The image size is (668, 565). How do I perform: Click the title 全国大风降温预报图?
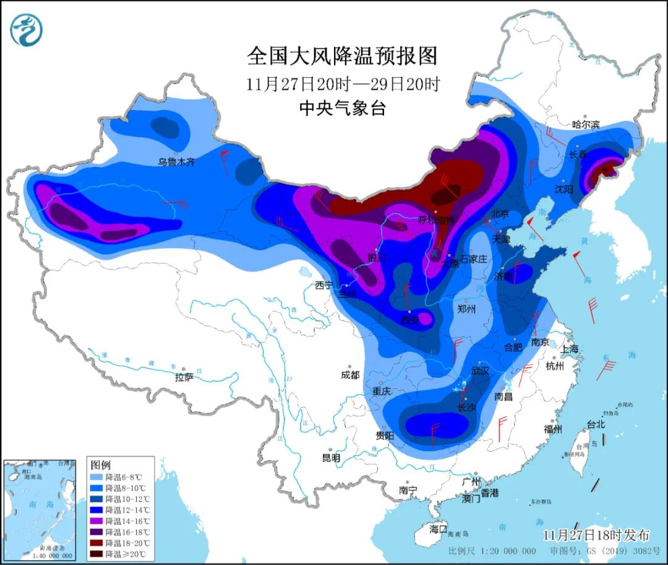342,56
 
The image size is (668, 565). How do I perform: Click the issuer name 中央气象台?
342,109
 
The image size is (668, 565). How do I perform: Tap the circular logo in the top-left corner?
27,29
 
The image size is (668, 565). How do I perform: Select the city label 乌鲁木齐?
176,162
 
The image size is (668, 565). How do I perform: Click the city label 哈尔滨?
586,124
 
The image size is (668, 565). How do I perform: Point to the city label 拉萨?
184,377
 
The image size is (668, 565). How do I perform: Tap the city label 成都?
349,375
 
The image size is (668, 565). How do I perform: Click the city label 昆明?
331,458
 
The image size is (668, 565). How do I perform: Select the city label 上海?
570,349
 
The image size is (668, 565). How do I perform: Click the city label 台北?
595,425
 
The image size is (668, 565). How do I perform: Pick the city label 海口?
438,530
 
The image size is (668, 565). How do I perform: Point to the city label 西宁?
323,285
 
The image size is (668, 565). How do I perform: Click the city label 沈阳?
564,189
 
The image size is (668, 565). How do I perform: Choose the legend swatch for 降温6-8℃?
97,477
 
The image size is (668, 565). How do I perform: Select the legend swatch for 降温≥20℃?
97,553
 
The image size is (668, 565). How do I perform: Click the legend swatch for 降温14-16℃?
97,520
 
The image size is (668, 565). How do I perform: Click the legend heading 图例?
100,464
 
